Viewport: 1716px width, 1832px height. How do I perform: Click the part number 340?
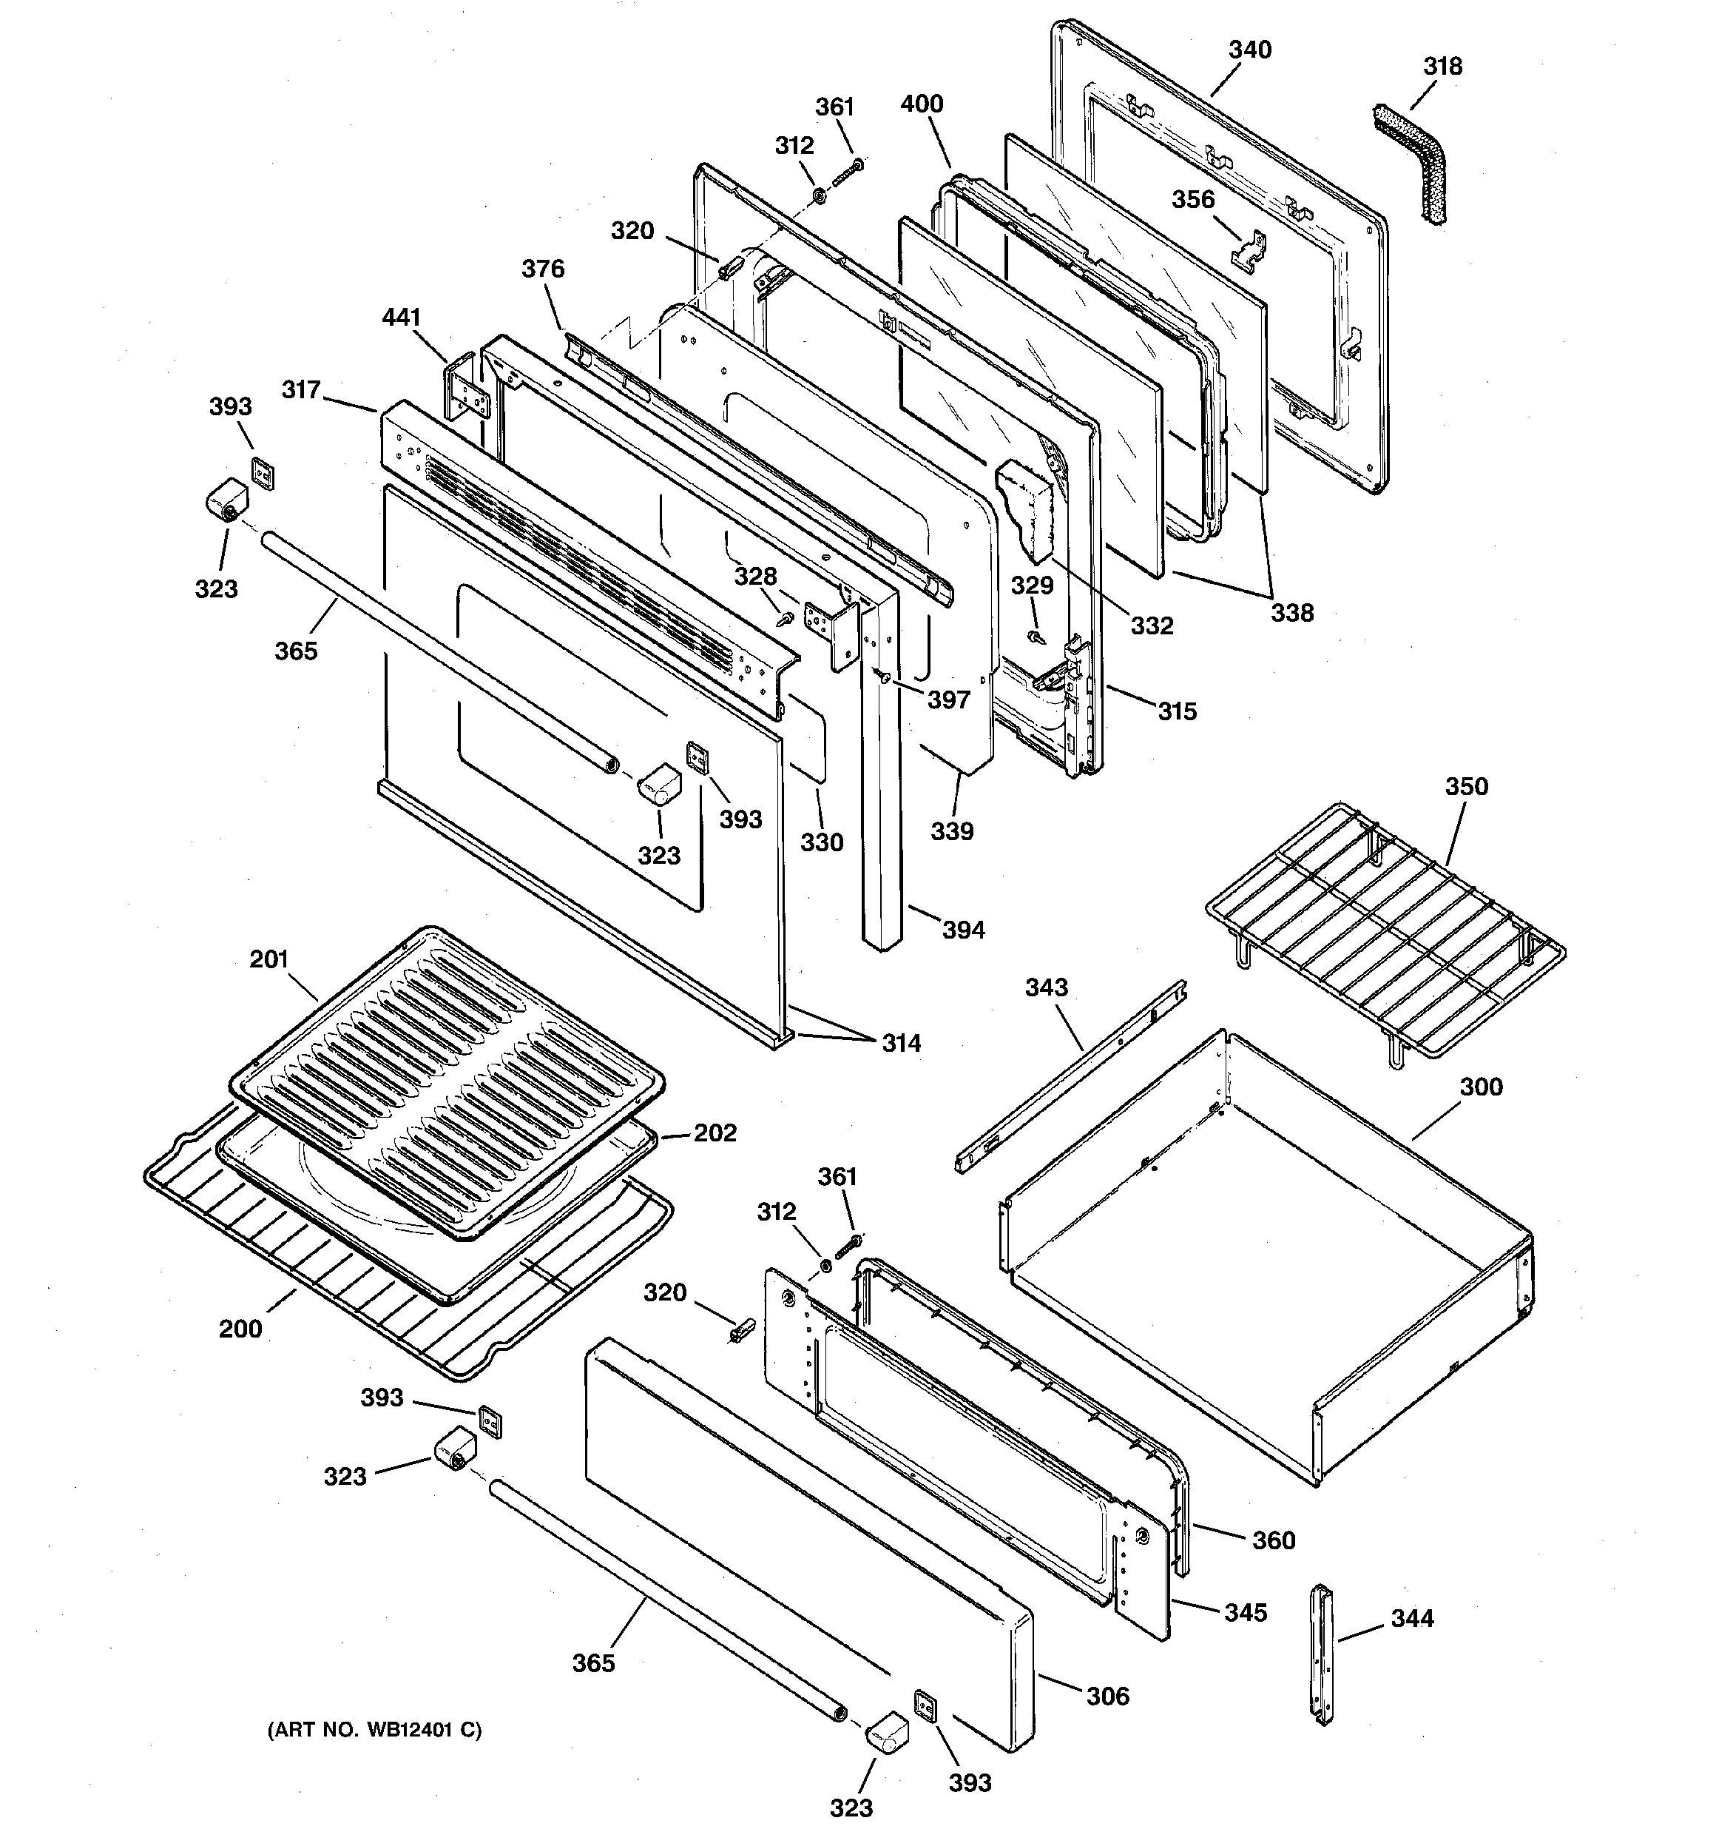(1249, 50)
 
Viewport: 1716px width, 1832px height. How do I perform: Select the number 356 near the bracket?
(1193, 200)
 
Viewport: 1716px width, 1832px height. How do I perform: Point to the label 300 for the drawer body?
(1480, 1087)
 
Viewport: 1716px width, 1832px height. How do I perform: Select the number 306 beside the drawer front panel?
(1107, 1697)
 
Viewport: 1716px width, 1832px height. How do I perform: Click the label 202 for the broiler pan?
(715, 1133)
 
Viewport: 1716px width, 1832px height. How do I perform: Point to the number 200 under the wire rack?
(240, 1329)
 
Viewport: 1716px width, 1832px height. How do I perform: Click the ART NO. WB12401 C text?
(374, 1731)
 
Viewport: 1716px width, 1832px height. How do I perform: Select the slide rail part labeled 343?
(1069, 1078)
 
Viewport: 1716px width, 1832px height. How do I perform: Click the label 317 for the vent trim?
(301, 390)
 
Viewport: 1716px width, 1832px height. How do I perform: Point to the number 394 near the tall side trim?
(964, 930)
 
